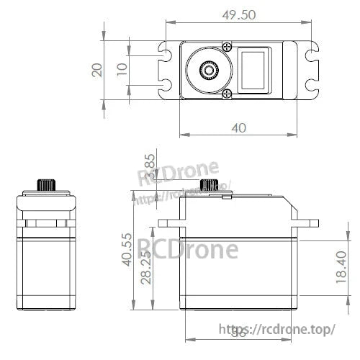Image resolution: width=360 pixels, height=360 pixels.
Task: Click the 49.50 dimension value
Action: (x=240, y=14)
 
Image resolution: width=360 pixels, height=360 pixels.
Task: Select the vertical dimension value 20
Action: (x=97, y=69)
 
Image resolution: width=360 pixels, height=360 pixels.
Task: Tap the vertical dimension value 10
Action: (x=121, y=69)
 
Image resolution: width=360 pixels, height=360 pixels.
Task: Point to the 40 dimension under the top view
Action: (x=239, y=127)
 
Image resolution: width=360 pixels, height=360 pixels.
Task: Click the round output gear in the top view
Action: (x=209, y=71)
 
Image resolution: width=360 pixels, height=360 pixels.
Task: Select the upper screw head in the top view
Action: (x=228, y=47)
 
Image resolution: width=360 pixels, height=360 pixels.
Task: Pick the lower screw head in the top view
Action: (x=228, y=94)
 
